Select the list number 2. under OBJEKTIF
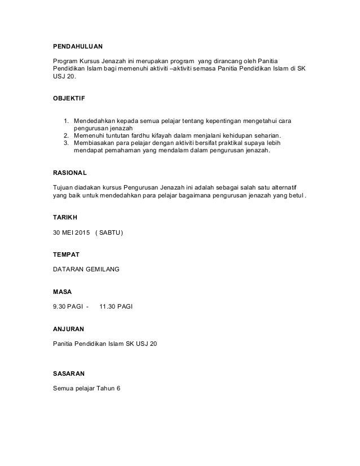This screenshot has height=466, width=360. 65,136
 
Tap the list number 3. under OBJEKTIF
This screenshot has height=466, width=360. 65,143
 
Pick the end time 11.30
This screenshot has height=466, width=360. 107,306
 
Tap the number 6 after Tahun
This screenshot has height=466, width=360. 118,388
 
